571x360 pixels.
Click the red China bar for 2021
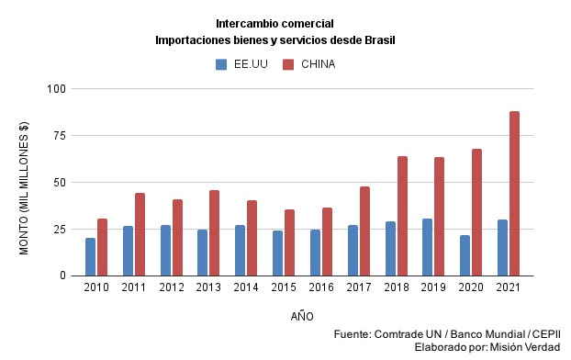coord(514,193)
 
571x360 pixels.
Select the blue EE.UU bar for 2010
coord(90,256)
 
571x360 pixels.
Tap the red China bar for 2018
coord(402,216)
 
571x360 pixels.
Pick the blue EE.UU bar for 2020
coord(465,255)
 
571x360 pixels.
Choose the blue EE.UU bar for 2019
coord(428,247)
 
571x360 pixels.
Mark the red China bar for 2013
coord(214,232)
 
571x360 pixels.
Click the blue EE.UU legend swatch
coord(221,64)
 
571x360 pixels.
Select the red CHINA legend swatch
coord(287,64)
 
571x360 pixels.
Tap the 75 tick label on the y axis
coord(60,136)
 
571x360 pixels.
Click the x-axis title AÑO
coord(302,317)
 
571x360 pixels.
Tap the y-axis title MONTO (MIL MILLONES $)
coord(25,187)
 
